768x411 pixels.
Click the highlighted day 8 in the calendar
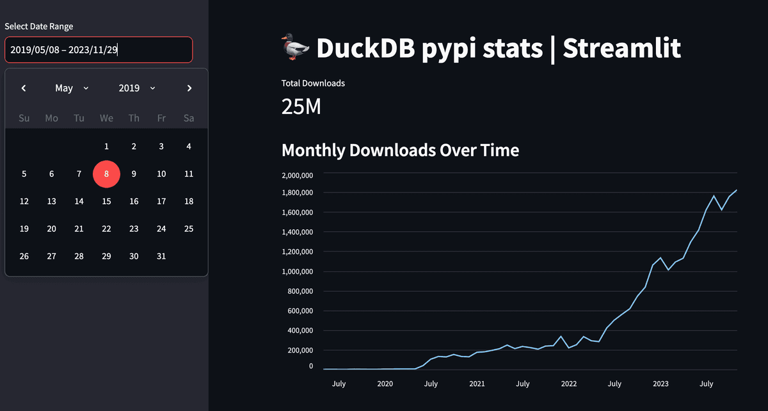(106, 174)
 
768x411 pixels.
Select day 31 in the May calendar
(161, 256)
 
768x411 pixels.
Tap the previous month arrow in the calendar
(24, 88)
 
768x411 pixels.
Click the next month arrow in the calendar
(189, 88)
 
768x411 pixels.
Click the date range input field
(98, 49)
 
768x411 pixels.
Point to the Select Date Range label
(39, 26)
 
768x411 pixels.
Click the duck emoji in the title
(295, 49)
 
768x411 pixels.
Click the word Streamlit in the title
(621, 49)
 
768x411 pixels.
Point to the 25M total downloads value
(301, 107)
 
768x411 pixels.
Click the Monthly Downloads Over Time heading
(400, 150)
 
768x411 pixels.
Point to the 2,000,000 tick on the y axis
(297, 175)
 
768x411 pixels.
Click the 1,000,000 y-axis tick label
(297, 271)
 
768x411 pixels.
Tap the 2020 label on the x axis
(385, 383)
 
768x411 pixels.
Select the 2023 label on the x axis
(660, 383)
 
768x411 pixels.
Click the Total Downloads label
(313, 83)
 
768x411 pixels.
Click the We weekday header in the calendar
(106, 118)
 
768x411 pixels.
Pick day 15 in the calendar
(106, 201)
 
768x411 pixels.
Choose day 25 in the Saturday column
(189, 229)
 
